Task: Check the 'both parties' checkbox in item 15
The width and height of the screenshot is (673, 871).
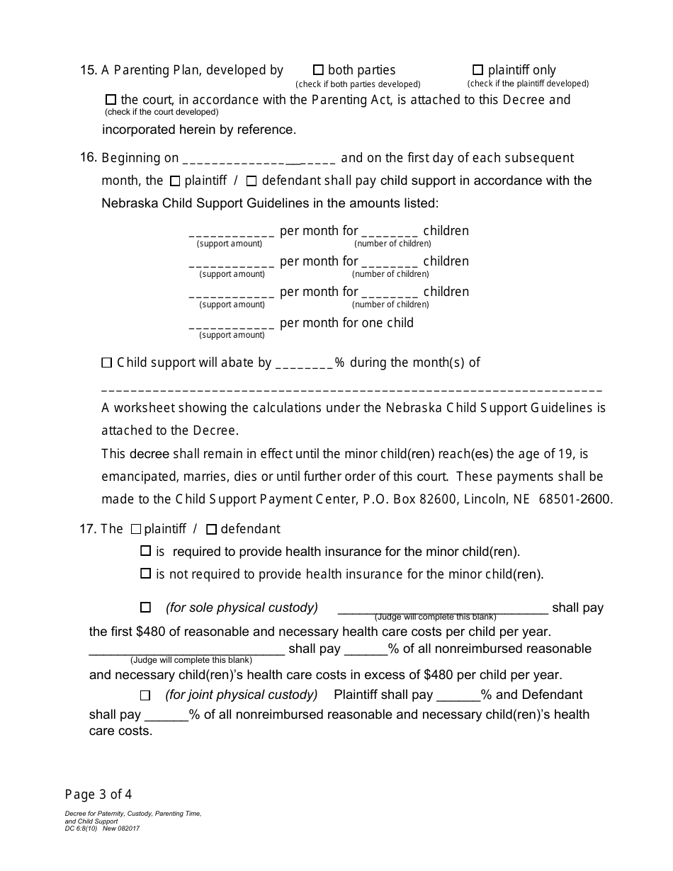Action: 318,70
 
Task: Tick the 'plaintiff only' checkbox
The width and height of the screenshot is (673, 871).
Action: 477,70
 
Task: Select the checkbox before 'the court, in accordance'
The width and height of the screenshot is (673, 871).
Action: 111,100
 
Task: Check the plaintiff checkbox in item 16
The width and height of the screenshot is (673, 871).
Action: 175,181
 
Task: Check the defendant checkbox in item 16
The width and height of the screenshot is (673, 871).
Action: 252,181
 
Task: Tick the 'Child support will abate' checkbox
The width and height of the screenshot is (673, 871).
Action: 107,363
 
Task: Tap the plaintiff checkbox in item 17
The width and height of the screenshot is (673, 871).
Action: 136,529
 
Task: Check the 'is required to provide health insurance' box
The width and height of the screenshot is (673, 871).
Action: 146,551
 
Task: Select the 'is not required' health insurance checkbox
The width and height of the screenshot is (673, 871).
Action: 146,574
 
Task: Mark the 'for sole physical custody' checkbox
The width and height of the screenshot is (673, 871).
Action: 146,608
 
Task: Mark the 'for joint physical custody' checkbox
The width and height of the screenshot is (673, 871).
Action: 146,695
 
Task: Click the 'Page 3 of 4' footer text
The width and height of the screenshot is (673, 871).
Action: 98,794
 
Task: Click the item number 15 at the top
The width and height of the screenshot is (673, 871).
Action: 89,70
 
